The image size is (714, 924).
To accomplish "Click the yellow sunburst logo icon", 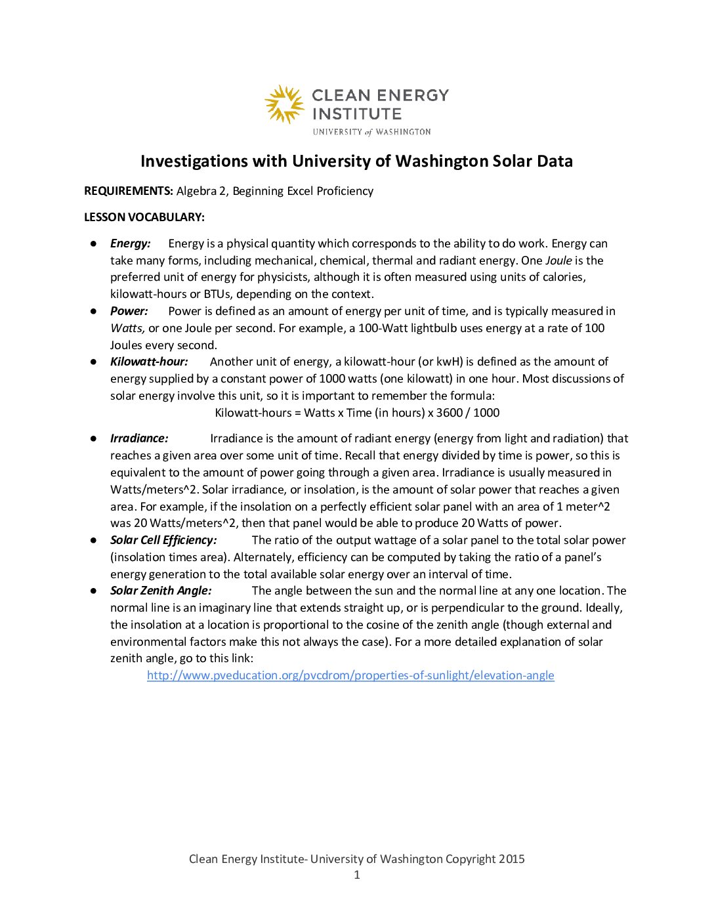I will click(x=284, y=104).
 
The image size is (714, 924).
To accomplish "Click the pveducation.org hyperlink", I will click(x=350, y=675).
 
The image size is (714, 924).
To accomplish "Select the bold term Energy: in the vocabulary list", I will click(x=131, y=243).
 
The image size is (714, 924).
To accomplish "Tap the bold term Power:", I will click(x=129, y=311).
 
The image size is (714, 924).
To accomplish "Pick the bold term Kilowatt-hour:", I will click(x=149, y=362).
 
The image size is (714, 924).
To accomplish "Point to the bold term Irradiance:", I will click(x=139, y=438).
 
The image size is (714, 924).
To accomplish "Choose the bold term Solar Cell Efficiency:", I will click(x=163, y=540).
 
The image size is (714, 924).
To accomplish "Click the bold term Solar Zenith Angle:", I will click(x=161, y=591).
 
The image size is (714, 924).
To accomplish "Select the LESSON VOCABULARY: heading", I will click(x=144, y=217).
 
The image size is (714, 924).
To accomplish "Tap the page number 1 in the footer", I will click(x=357, y=875).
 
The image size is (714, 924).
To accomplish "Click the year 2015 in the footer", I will click(x=511, y=859).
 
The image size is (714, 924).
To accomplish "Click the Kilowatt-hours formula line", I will click(x=357, y=413).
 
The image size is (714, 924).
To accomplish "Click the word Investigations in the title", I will click(x=194, y=161).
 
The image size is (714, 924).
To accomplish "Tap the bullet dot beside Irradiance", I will click(x=94, y=438).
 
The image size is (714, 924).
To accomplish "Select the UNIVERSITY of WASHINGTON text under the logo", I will click(x=371, y=132).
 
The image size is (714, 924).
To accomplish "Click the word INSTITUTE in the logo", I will click(x=356, y=114).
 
